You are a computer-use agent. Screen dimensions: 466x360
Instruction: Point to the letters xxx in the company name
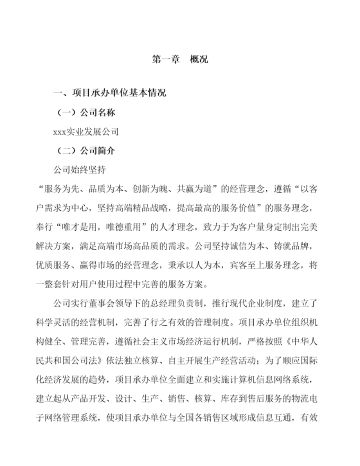(60, 132)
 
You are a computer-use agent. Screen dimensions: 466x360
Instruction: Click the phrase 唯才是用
(85, 226)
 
